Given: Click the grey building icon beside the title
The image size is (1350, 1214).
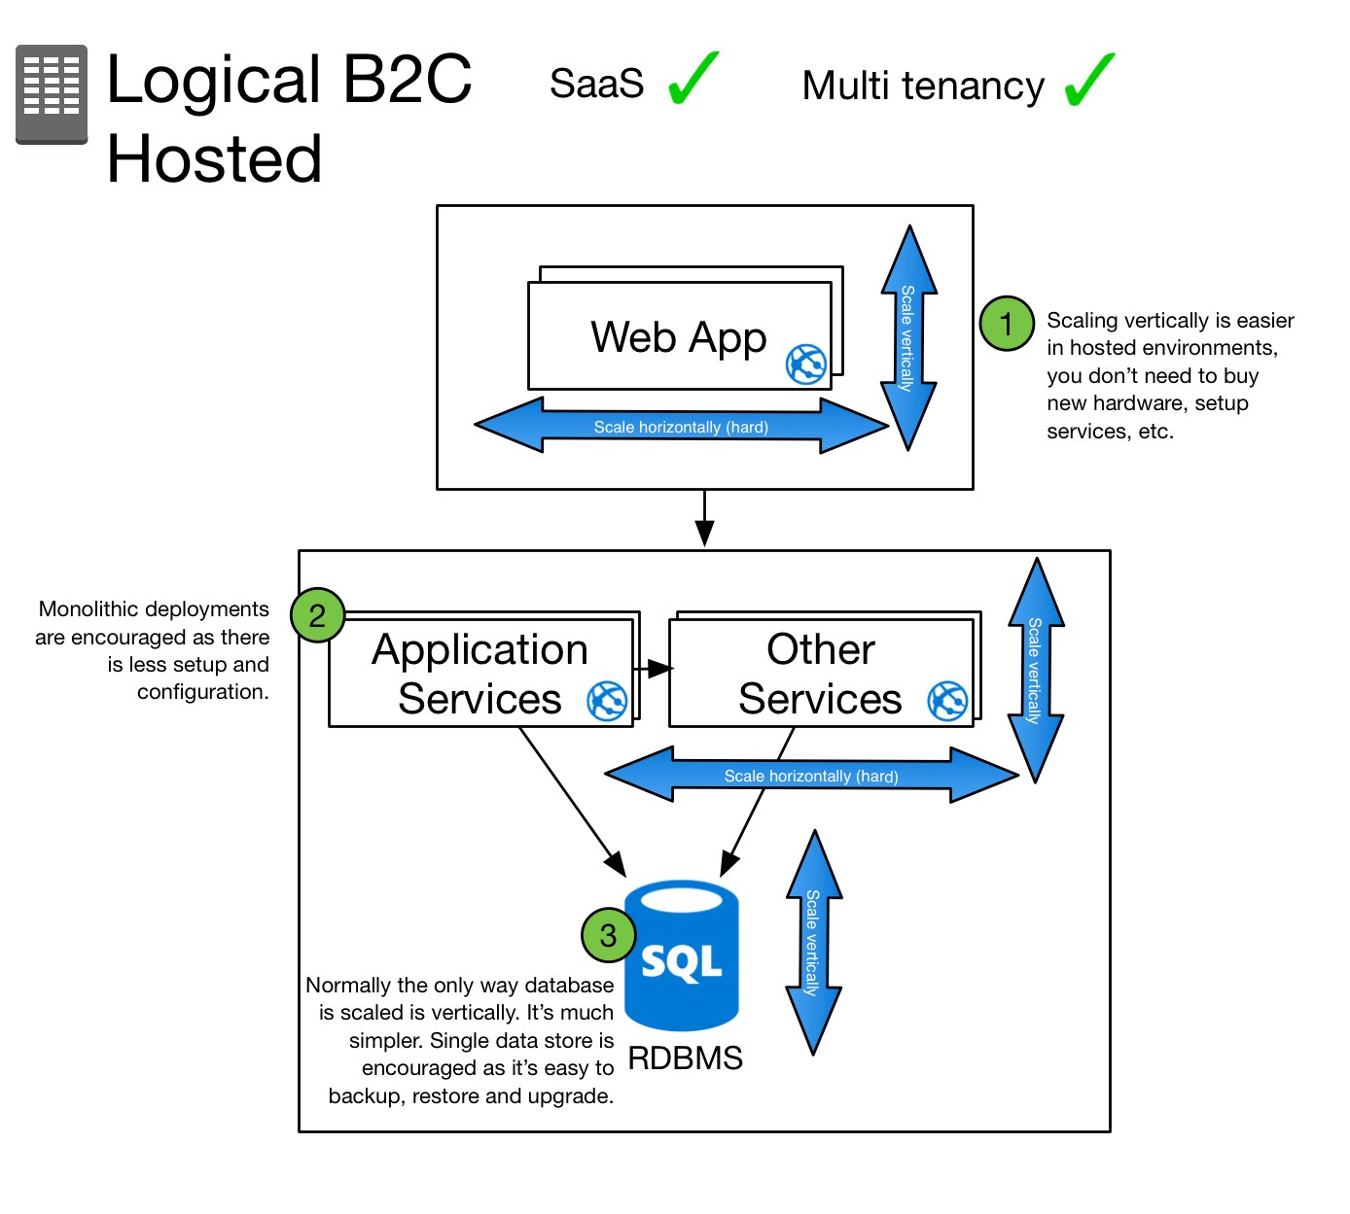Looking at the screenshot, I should point(52,93).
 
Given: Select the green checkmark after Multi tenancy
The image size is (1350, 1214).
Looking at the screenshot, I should point(1088,82).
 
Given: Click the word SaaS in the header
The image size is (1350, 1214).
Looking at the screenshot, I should point(596,85).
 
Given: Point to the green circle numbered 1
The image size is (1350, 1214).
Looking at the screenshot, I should point(1006,324).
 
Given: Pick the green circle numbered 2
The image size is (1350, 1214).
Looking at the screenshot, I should point(317,615).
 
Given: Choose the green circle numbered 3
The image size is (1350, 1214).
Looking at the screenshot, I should point(608,935).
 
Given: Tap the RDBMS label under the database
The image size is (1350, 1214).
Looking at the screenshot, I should point(685,1058).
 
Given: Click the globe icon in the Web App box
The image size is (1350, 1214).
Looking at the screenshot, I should point(806,364).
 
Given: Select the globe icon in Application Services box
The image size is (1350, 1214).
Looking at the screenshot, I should point(607,701).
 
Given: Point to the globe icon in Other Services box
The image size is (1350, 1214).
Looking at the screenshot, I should point(947,701).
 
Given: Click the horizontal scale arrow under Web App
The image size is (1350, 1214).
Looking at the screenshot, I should point(681,426).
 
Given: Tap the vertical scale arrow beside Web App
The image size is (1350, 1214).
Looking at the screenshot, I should point(908,338).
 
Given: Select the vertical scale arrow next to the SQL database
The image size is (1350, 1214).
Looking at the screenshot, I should point(813,943).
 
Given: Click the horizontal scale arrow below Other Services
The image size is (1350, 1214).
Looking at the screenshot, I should point(811,776).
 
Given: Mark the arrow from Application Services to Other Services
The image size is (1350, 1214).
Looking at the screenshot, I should point(653,669).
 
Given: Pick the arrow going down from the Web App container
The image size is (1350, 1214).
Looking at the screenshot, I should point(705,519).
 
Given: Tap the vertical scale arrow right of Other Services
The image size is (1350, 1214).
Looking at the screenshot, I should point(1036,671).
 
